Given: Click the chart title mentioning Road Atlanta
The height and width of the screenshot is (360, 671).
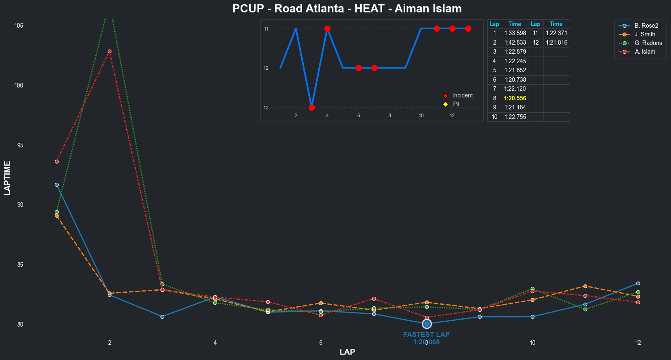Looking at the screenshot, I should pyautogui.click(x=347, y=9).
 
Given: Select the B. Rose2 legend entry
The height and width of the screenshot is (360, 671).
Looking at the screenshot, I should pyautogui.click(x=646, y=26).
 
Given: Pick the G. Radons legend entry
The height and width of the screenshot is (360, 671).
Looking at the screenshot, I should pyautogui.click(x=648, y=43).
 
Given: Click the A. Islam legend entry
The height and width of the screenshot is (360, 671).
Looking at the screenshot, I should pyautogui.click(x=645, y=52).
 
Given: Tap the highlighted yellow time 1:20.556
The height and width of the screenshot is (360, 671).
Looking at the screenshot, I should pyautogui.click(x=515, y=98).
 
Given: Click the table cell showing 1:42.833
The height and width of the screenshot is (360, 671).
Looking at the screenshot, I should pyautogui.click(x=515, y=43).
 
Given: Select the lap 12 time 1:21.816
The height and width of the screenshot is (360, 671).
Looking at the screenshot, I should pyautogui.click(x=556, y=43).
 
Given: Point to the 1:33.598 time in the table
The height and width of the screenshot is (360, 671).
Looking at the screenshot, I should pyautogui.click(x=515, y=33).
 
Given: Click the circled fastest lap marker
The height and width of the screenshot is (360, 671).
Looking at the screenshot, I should pyautogui.click(x=427, y=324).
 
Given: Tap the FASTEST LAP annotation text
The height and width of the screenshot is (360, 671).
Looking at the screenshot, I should pyautogui.click(x=426, y=335).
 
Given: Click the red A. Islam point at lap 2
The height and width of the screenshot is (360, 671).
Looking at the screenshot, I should pyautogui.click(x=109, y=52).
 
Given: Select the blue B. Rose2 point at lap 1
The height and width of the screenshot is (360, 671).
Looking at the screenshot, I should pyautogui.click(x=57, y=185).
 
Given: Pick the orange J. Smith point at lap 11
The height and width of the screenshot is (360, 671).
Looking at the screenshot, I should pyautogui.click(x=585, y=286).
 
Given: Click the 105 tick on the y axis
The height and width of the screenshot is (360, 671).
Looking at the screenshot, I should pyautogui.click(x=19, y=26).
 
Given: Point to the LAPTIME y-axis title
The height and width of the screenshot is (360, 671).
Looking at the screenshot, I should pyautogui.click(x=7, y=178).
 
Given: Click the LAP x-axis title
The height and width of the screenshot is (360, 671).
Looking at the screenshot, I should pyautogui.click(x=347, y=352).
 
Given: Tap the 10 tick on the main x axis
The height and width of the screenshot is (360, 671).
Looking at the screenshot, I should pyautogui.click(x=532, y=343).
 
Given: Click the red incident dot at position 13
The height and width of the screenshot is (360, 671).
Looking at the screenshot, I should pyautogui.click(x=312, y=107).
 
